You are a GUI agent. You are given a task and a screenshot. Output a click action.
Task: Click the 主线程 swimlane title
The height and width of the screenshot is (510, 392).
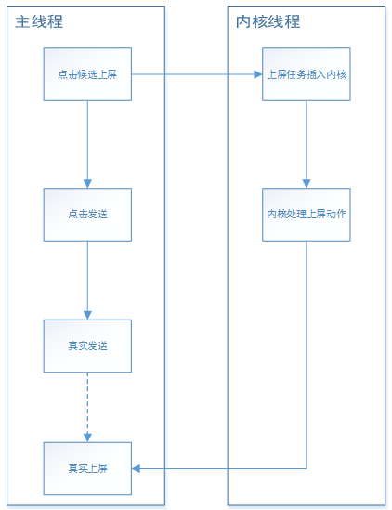click(39, 21)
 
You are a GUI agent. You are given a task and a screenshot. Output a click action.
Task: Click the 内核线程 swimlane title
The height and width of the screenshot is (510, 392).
click(268, 21)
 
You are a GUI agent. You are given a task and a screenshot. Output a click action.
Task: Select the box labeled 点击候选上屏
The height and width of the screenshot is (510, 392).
click(87, 74)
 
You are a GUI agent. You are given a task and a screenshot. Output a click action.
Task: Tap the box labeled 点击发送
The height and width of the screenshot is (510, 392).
click(87, 215)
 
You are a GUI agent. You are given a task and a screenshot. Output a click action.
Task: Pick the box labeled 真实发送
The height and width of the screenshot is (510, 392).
click(87, 346)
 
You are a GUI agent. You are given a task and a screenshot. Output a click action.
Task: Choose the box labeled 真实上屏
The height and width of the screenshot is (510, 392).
click(87, 468)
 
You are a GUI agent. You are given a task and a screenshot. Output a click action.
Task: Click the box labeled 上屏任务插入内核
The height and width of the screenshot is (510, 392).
click(307, 74)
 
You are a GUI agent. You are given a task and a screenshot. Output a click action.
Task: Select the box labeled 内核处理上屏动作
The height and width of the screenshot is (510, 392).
click(307, 215)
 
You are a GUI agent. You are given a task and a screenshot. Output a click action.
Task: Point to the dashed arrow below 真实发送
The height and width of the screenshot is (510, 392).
click(87, 407)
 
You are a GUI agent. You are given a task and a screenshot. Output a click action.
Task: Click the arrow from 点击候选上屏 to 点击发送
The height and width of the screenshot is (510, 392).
click(87, 144)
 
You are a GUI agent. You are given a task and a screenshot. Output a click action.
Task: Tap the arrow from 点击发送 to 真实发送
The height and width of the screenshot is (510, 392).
click(87, 281)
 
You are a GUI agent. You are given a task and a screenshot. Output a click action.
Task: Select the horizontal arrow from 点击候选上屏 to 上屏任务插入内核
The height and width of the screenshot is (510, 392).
click(197, 74)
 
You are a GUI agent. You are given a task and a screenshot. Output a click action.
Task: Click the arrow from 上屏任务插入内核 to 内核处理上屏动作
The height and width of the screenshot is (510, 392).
click(307, 144)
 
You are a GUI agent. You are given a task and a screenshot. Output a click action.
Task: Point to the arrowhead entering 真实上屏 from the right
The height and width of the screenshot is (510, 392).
click(136, 468)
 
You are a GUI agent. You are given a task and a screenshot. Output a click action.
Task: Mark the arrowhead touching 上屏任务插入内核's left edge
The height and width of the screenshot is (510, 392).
click(258, 74)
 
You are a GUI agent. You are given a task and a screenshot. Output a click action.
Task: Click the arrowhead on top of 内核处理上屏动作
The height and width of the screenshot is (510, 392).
click(307, 184)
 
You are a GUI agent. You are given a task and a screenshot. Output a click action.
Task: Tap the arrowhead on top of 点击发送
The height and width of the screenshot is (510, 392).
click(87, 184)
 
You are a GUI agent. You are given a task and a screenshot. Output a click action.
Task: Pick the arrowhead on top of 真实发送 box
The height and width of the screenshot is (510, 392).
click(87, 315)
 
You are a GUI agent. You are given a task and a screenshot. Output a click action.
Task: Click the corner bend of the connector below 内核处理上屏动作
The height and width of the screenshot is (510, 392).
click(307, 468)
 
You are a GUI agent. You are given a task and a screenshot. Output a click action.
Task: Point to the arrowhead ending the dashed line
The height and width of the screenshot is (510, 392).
click(87, 438)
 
